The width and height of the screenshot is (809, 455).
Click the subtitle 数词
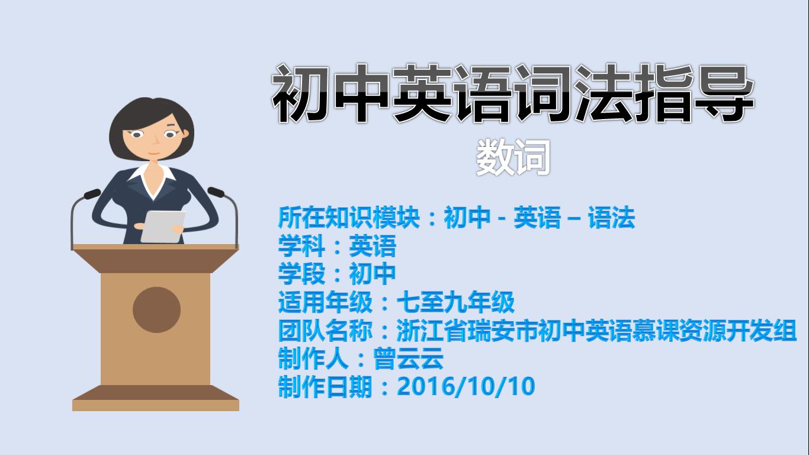click(x=513, y=158)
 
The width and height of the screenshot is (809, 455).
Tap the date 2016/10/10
click(x=466, y=386)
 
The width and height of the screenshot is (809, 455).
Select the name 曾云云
click(x=409, y=358)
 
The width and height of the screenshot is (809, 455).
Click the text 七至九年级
click(x=456, y=302)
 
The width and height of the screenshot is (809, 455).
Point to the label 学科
click(x=301, y=246)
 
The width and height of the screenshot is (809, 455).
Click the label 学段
click(x=301, y=274)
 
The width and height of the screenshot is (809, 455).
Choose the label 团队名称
click(x=325, y=331)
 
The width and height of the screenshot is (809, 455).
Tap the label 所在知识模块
click(x=349, y=217)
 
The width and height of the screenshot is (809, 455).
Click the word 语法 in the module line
click(x=611, y=217)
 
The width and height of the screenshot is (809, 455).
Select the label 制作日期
click(x=325, y=387)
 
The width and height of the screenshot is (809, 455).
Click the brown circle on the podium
click(x=156, y=310)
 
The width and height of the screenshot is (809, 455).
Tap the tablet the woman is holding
click(x=163, y=226)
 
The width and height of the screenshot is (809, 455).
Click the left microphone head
click(x=92, y=194)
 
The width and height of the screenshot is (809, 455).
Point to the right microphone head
click(x=216, y=192)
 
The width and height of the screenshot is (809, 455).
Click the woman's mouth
click(x=154, y=153)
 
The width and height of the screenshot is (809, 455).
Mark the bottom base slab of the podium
click(x=156, y=398)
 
